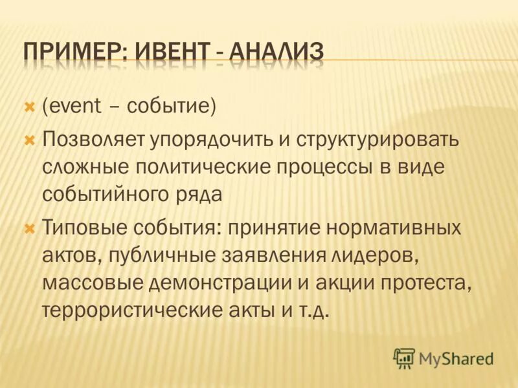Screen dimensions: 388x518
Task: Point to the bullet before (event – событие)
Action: (28, 105)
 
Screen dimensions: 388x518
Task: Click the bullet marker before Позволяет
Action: (28, 139)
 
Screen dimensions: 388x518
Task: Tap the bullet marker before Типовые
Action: (28, 228)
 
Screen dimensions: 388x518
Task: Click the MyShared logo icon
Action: (404, 357)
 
